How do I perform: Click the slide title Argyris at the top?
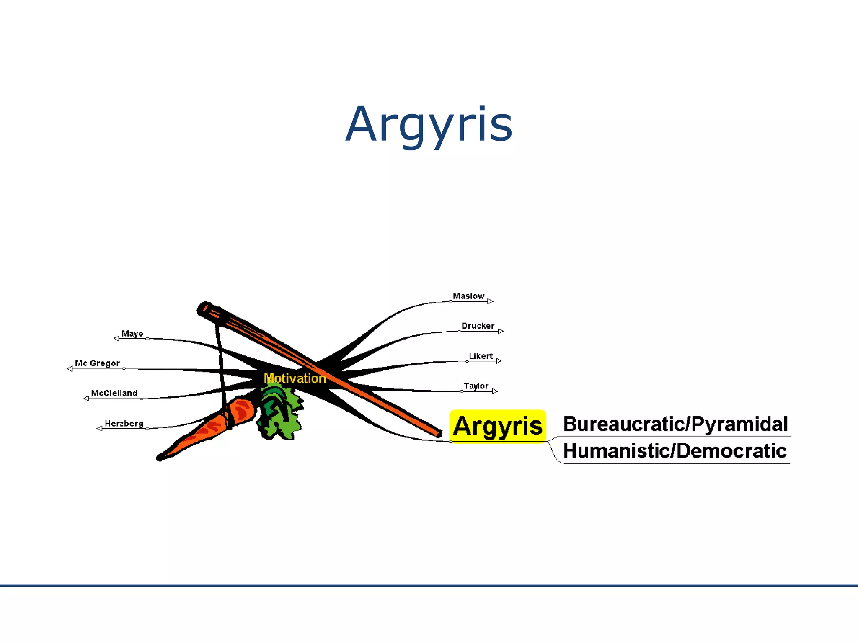coord(429,125)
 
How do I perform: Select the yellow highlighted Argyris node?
coord(497,426)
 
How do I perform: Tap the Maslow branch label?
coord(468,296)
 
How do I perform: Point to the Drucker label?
coord(478,326)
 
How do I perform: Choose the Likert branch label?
coord(481,356)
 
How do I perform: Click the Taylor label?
coord(476,386)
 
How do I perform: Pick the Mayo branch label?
coord(132,334)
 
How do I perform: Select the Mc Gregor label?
coord(97,363)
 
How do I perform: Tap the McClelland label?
coord(114,393)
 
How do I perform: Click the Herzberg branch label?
coord(124,423)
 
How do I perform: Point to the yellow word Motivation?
coord(295,378)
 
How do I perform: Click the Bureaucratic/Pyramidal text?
coord(675,424)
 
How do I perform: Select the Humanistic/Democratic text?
coord(675,451)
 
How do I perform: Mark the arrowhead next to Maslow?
coord(490,301)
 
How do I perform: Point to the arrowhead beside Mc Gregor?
coord(70,369)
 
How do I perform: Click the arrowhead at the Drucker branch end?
coord(501,331)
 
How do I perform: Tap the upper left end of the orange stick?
coord(204,309)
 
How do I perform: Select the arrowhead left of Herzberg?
coord(100,428)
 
